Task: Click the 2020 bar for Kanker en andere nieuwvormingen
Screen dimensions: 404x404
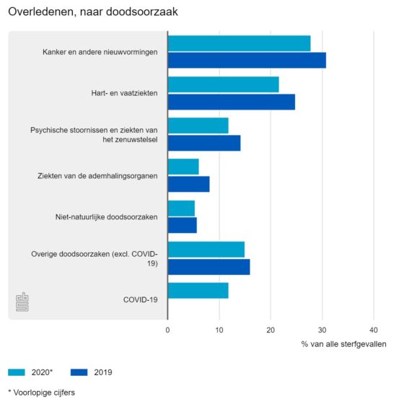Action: [x=239, y=43]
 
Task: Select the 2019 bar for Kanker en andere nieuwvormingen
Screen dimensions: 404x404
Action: [x=247, y=61]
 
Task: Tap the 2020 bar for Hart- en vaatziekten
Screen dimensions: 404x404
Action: [x=224, y=84]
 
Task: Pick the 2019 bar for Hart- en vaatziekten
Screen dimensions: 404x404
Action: [x=232, y=102]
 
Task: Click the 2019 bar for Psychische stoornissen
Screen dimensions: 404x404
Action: [x=204, y=143]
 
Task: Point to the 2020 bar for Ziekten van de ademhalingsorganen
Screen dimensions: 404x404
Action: [x=183, y=167]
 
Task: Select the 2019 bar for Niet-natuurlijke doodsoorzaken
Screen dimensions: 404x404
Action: [x=182, y=225]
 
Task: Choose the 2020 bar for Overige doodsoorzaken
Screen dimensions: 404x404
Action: [x=206, y=250]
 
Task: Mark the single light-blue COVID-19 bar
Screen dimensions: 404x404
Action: [x=198, y=291]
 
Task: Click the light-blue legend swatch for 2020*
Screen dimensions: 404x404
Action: [x=17, y=372]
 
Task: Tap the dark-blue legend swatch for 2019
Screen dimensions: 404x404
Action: [x=79, y=372]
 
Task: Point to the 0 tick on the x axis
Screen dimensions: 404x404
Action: [x=167, y=330]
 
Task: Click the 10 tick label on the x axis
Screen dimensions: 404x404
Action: [x=219, y=330]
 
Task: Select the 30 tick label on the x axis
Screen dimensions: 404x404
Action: [x=322, y=330]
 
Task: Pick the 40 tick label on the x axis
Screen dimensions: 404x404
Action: [x=374, y=330]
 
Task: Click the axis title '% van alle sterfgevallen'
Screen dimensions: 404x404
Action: [x=343, y=344]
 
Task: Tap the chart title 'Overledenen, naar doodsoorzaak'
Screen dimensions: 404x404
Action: [x=93, y=12]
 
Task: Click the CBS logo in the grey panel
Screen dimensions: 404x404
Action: [x=22, y=302]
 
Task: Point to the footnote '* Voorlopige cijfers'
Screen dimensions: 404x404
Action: [x=42, y=392]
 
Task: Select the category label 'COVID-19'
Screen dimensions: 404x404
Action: [x=141, y=299]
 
